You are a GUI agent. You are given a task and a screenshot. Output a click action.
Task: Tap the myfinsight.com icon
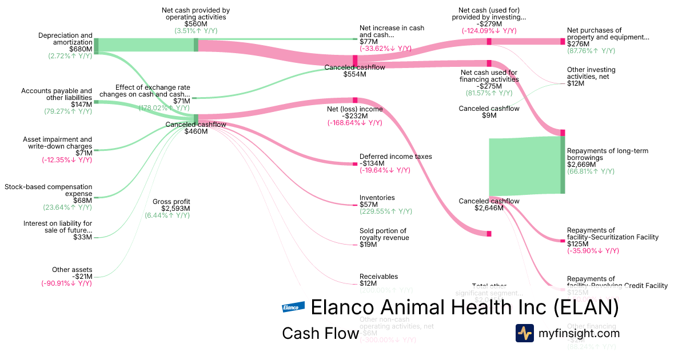[x=524, y=333]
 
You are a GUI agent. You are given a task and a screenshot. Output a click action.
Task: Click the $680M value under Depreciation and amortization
[x=81, y=49]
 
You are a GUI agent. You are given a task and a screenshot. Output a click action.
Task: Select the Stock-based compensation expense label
[x=48, y=190]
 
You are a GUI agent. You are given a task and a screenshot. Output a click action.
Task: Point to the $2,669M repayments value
[x=581, y=165]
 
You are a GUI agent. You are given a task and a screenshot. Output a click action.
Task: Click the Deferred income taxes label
[x=396, y=157]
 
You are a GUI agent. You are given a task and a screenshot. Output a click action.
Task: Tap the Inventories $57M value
[x=368, y=205]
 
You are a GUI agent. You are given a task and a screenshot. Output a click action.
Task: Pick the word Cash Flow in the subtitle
[x=320, y=334]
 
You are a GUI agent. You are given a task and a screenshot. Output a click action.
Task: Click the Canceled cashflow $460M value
[x=196, y=131]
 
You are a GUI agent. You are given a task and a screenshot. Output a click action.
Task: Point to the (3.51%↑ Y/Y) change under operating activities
[x=196, y=31]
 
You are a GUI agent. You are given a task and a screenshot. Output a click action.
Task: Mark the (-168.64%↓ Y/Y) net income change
[x=354, y=123]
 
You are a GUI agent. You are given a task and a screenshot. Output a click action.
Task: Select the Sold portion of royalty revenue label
[x=384, y=234]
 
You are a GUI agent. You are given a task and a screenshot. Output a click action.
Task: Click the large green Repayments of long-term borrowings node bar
[x=563, y=165]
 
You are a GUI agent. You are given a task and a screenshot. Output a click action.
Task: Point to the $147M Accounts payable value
[x=81, y=105]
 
